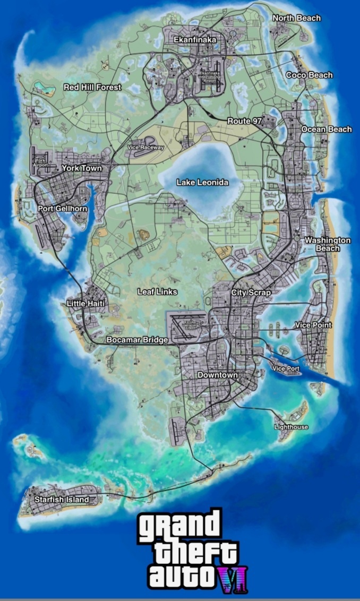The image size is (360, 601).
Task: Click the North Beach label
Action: pos(296,18)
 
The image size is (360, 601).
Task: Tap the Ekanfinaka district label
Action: pos(194,40)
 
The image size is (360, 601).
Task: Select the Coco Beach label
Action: pos(309,75)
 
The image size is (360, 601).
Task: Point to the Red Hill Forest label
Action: pos(92,87)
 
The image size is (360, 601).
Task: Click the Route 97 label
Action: pos(244,121)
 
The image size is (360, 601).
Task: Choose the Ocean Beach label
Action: pos(326,130)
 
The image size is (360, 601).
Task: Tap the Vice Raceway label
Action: pos(145,147)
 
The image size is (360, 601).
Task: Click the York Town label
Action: pos(81,168)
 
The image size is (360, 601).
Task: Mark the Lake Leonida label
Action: pos(202,183)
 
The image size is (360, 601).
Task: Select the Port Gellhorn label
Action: pos(63,209)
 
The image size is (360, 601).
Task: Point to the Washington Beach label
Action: pos(327,244)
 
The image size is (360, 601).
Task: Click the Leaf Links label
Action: pos(157,292)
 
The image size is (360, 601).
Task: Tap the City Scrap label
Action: pos(251,293)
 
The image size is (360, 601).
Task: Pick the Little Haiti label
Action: pos(85,303)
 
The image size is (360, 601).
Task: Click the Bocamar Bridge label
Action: pos(137,340)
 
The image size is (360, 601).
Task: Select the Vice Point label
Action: pos(313,325)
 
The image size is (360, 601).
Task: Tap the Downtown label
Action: pos(218,375)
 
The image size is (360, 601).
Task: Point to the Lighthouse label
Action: pos(290,427)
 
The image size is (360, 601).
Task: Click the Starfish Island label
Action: pos(62,500)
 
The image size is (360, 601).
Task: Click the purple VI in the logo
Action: pos(232,579)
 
